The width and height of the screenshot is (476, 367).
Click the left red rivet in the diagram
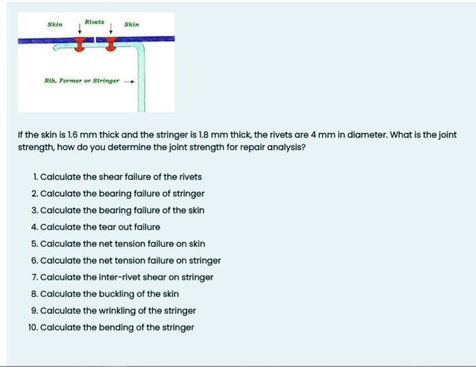80,46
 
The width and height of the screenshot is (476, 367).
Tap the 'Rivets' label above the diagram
94,22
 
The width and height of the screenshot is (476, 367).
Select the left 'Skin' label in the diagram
54,24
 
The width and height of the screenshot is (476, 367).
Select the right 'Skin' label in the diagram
132,24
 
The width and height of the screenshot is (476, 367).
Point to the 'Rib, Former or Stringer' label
82,80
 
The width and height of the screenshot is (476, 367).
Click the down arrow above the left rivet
80,31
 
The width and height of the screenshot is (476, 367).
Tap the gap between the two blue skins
95,40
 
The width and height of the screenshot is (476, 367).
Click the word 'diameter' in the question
369,135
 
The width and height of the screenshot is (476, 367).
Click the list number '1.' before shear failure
35,177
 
